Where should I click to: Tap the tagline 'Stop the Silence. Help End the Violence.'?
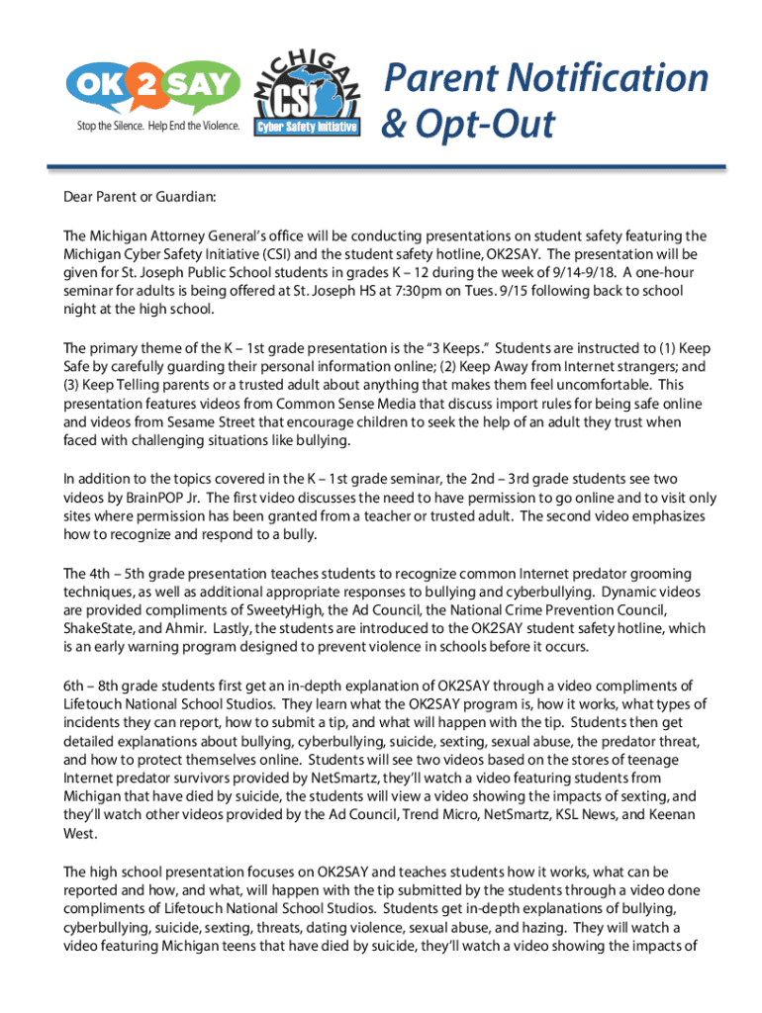click(x=157, y=128)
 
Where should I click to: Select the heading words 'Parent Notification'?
click(x=545, y=77)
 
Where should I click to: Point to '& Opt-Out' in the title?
click(x=468, y=126)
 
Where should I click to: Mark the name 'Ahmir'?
click(x=190, y=629)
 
